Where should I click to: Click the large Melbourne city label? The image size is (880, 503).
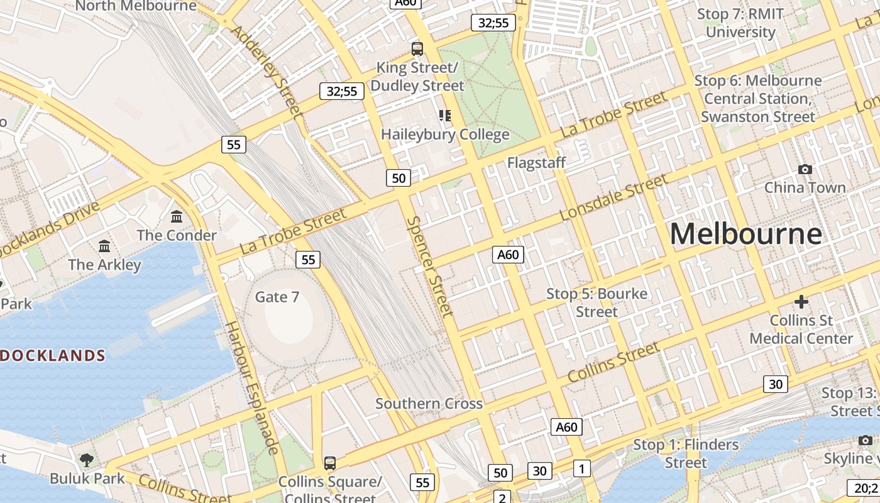(745, 233)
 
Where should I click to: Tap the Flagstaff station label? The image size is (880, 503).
(536, 163)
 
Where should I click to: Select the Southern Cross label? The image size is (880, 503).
(429, 404)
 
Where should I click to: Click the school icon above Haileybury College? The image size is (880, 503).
(445, 115)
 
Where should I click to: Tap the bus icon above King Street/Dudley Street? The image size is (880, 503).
(417, 48)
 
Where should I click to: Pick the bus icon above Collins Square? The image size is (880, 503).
(329, 463)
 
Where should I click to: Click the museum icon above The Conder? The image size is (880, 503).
(177, 216)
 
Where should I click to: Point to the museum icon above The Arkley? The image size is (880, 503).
(104, 245)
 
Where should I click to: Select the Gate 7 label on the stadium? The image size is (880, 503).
(277, 297)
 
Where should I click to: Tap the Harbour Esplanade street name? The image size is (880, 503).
(251, 388)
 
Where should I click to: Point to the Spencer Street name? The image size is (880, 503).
(429, 267)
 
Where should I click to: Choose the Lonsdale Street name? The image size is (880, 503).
(613, 197)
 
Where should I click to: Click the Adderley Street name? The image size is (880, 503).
(267, 71)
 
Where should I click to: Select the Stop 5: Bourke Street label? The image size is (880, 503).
(597, 302)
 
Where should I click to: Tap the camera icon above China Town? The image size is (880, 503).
(805, 169)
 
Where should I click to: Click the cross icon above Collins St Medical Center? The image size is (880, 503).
(801, 302)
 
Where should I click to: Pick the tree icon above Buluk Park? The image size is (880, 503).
(87, 460)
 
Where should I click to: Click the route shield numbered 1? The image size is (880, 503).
(582, 468)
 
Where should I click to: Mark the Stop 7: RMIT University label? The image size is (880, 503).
(740, 23)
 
